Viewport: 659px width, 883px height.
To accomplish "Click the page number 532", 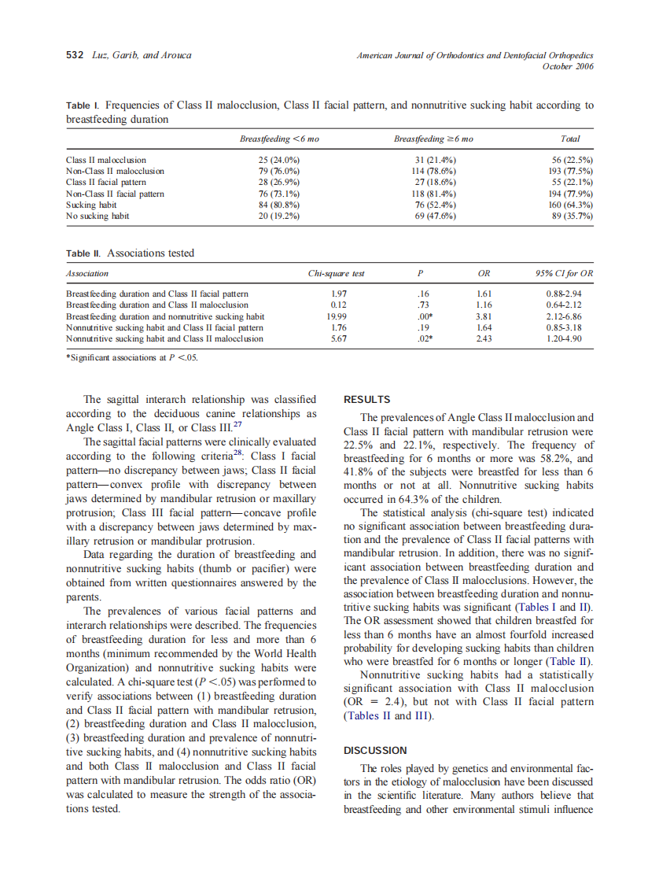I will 74,55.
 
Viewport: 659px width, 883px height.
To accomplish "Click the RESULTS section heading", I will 367,400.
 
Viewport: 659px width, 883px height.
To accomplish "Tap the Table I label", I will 82,105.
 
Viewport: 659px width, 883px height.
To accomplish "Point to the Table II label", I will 83,253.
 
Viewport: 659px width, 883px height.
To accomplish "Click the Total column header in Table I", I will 571,139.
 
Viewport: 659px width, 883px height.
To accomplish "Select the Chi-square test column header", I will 336,274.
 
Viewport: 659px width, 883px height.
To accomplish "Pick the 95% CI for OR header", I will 564,274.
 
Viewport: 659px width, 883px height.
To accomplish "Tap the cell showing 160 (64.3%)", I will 571,204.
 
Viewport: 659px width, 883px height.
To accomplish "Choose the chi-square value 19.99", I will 339,316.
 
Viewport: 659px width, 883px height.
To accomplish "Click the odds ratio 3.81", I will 484,316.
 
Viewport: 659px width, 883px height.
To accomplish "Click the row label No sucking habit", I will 98,215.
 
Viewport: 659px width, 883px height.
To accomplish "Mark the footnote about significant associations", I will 132,357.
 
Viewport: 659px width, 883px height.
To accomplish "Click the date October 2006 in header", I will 568,66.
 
